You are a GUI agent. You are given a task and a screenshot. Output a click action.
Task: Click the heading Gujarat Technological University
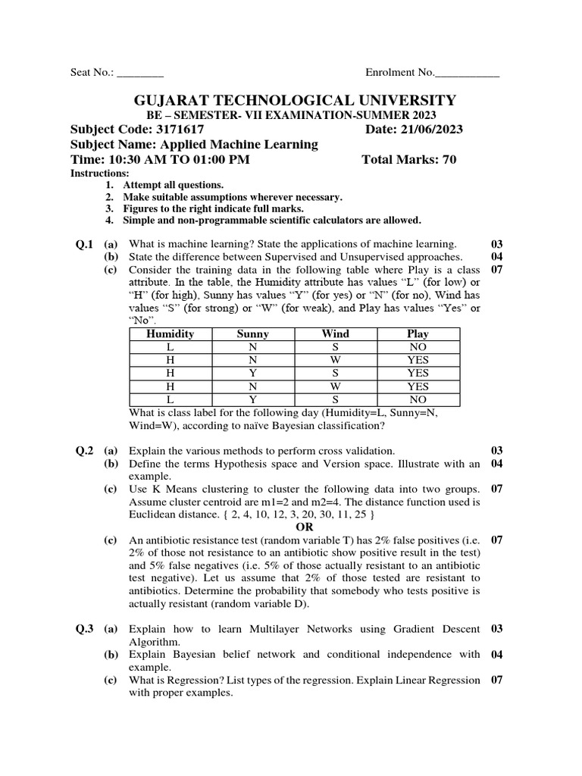(295, 100)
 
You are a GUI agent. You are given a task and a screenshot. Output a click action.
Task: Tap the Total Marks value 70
(447, 160)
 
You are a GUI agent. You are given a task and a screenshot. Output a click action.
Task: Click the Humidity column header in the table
(170, 333)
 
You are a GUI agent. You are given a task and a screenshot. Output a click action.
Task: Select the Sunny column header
(252, 333)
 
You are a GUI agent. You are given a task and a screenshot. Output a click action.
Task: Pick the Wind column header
(335, 333)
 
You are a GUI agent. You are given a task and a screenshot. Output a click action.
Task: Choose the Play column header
(418, 333)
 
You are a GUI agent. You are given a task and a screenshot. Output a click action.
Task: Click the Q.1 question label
(83, 244)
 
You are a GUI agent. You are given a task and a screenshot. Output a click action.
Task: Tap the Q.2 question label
(83, 450)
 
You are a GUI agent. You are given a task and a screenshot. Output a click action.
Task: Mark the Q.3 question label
(83, 629)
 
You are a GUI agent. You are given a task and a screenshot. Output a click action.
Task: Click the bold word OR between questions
(304, 527)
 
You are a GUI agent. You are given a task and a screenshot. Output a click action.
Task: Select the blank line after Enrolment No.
(468, 74)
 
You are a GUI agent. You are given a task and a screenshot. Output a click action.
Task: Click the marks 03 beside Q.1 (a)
(497, 244)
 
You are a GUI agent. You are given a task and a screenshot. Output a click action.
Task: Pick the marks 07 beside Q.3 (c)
(497, 680)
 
